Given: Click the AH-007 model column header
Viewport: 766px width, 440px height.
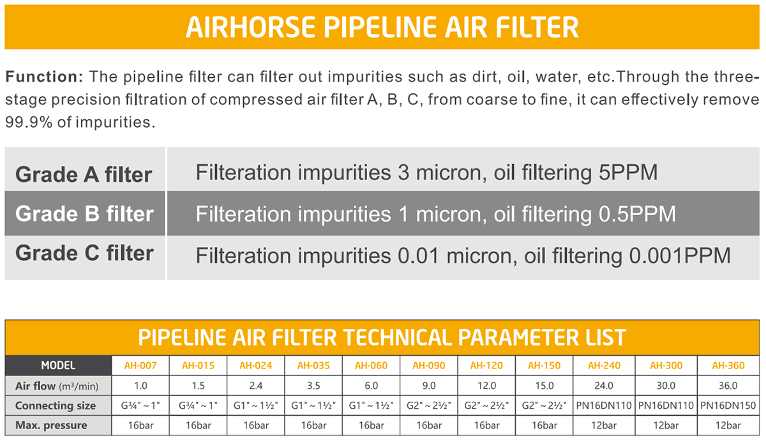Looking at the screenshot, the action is point(140,365).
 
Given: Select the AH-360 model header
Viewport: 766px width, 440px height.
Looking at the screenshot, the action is point(728,365).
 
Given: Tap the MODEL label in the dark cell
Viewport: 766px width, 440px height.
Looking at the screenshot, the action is point(58,365).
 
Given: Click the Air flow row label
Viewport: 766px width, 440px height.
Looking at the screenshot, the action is point(57,386).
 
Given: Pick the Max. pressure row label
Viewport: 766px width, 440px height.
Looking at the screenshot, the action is point(51,425).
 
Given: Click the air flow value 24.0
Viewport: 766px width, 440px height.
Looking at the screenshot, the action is point(604,386).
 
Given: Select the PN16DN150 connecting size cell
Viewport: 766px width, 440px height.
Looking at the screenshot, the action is point(728,406).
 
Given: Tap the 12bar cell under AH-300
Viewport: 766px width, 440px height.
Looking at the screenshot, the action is point(666,425).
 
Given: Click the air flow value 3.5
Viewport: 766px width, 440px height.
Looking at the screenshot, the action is point(313,386).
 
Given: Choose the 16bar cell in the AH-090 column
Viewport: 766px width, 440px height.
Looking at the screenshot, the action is point(429,425).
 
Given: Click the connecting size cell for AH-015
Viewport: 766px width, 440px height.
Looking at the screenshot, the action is point(198,406).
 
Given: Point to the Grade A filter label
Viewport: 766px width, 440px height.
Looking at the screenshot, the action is point(84,174).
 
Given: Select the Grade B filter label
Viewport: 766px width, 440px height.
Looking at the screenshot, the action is point(84,213).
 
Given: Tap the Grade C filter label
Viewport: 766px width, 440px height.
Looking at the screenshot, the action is point(84,253).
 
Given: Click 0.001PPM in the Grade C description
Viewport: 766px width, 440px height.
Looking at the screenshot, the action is point(680,255).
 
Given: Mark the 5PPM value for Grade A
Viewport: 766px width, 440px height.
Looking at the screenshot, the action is point(628,172).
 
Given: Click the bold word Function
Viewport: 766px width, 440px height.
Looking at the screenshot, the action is point(44,76).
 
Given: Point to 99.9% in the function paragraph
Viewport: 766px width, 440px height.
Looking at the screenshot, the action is point(29,122).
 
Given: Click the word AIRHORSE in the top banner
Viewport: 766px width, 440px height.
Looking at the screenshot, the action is point(250,27).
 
